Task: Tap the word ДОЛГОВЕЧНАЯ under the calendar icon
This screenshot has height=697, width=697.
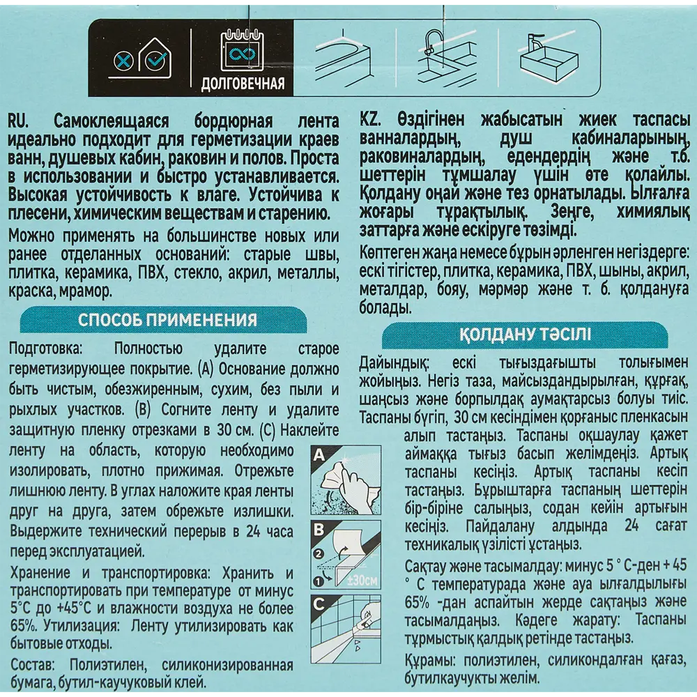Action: tap(242, 85)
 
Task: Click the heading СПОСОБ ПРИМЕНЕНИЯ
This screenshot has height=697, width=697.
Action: tap(167, 320)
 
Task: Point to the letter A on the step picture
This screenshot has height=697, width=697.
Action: tap(319, 456)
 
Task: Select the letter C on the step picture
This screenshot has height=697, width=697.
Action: tap(319, 604)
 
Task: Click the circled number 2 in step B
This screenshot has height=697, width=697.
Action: tap(319, 555)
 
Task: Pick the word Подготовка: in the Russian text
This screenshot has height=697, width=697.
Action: tap(42, 348)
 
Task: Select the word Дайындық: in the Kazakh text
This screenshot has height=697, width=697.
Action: tap(394, 363)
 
